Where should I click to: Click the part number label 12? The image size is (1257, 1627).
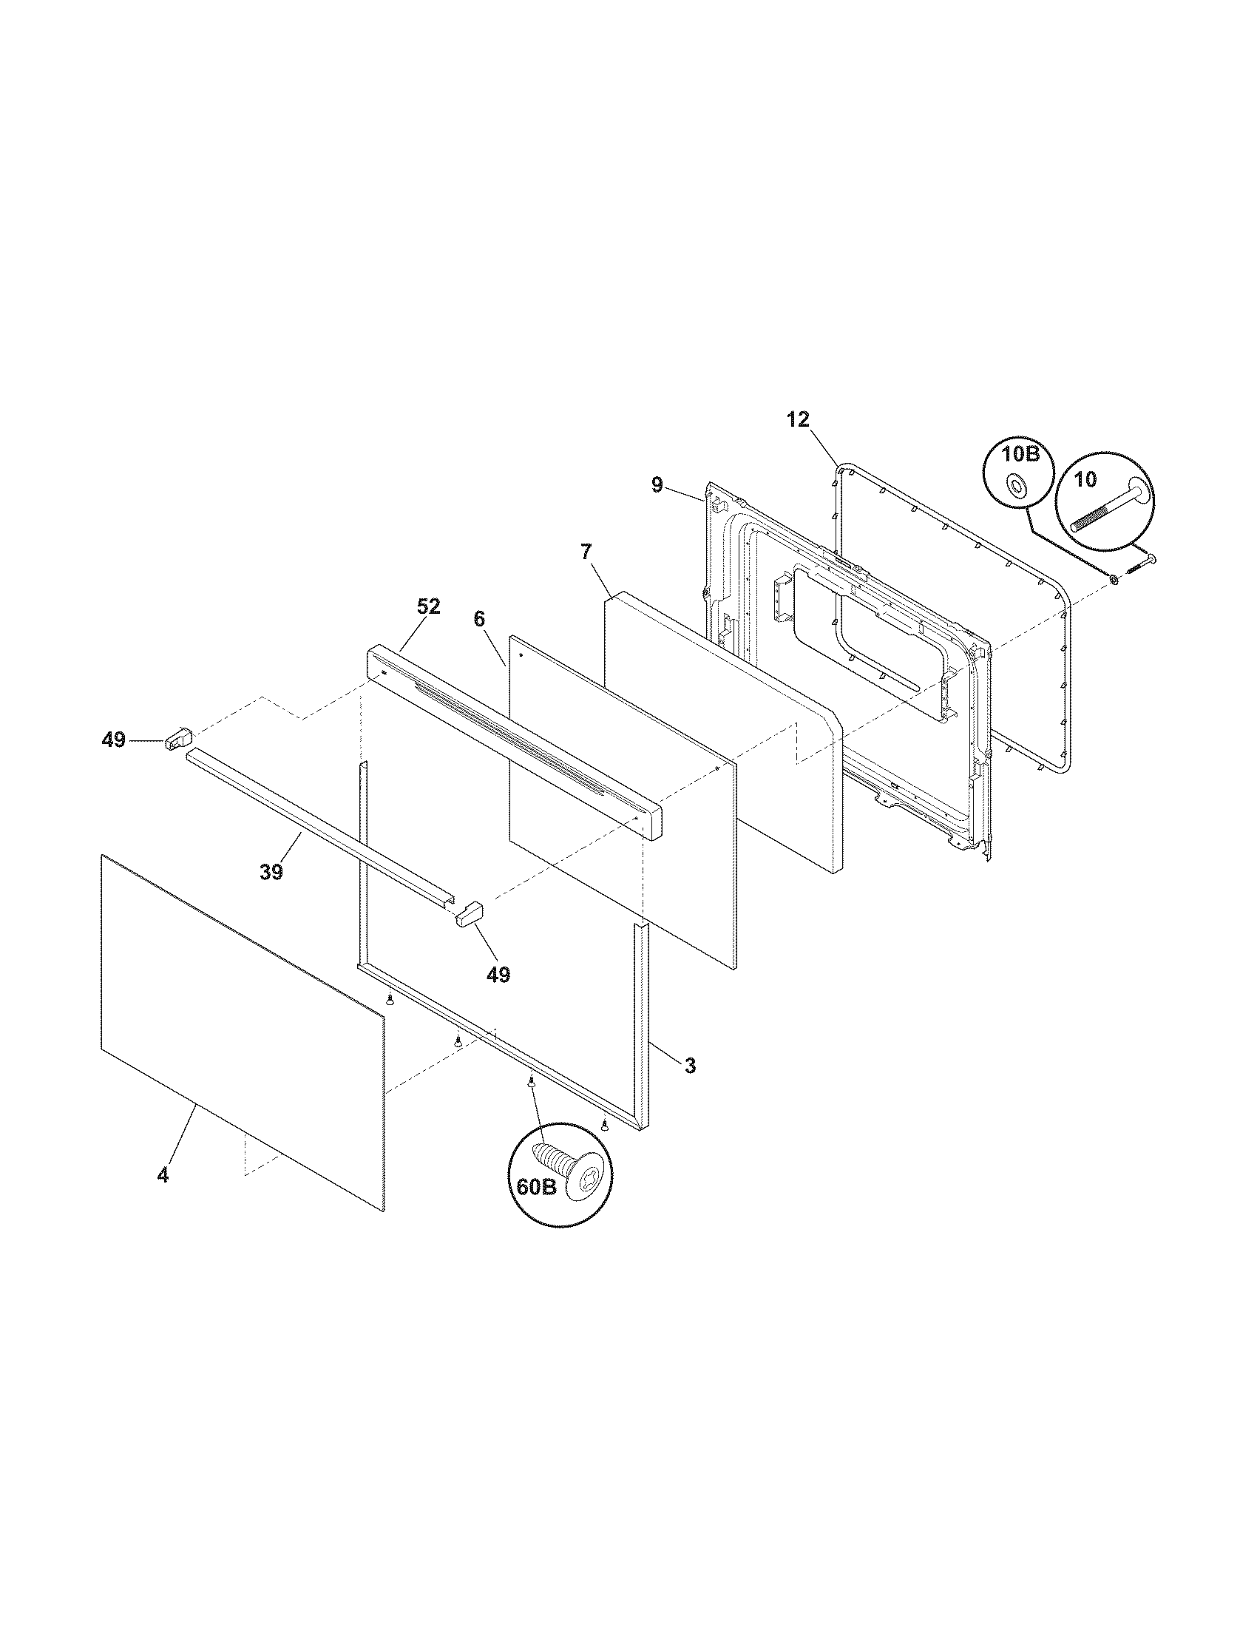[x=797, y=419]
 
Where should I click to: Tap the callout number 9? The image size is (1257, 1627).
[x=656, y=486]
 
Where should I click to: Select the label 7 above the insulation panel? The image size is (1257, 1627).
[x=586, y=552]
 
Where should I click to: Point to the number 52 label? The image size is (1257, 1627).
[x=428, y=607]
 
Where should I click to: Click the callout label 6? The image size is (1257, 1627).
[x=479, y=619]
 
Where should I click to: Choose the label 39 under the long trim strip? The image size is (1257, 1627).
[x=272, y=872]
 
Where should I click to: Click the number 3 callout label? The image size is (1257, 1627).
[x=691, y=1066]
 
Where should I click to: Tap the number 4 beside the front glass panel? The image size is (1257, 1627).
[x=163, y=1175]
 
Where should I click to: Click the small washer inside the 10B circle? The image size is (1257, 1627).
[x=1015, y=487]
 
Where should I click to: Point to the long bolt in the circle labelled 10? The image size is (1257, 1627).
[x=1110, y=507]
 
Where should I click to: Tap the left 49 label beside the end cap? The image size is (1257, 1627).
[x=113, y=740]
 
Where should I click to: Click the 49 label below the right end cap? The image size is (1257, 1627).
[x=498, y=974]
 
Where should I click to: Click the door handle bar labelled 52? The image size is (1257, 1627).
[x=514, y=742]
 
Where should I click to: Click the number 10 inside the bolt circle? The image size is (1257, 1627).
[x=1085, y=480]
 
